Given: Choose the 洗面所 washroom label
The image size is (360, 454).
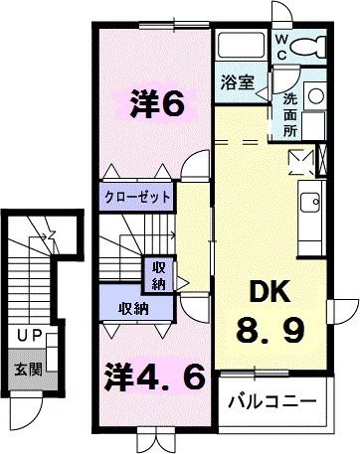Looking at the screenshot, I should (289, 111).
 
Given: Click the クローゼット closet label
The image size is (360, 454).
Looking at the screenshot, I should (138, 197).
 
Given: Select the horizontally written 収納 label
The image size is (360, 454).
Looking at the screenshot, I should (133, 308).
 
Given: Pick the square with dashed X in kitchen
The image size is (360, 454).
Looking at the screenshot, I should (299, 160).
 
